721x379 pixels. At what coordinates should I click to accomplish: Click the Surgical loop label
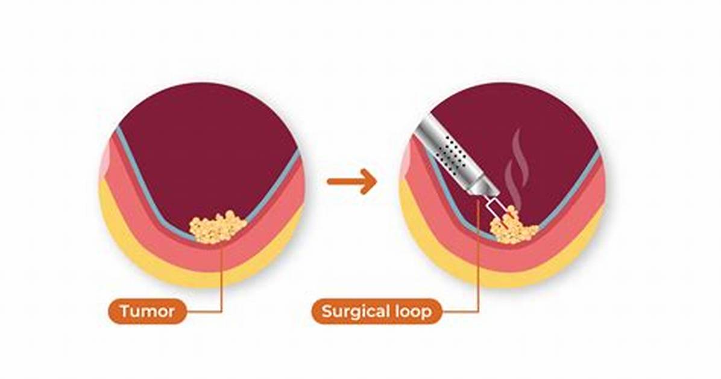tap(377, 311)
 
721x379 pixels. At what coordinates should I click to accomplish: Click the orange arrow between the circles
tap(352, 182)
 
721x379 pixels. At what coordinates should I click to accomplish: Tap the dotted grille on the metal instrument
tap(451, 153)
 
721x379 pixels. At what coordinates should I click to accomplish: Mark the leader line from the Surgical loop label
tap(478, 258)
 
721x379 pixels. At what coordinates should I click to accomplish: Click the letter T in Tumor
tap(125, 311)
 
